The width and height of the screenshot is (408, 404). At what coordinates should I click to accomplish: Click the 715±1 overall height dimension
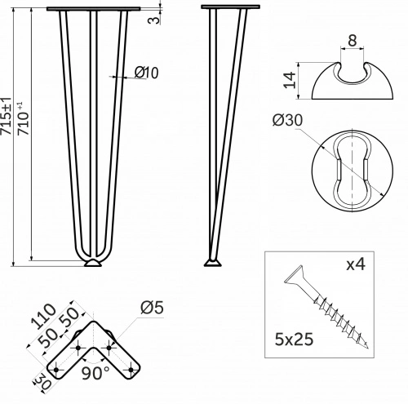(x=6, y=115)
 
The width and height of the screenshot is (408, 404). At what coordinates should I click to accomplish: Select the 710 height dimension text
(x=24, y=119)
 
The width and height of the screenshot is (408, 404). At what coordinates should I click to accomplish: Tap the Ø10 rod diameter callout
(x=146, y=73)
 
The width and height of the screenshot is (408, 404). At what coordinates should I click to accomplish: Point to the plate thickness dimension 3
(x=154, y=20)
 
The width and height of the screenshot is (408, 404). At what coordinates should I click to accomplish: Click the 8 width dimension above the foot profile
(x=352, y=41)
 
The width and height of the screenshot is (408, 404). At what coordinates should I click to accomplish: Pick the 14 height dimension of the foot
(x=290, y=80)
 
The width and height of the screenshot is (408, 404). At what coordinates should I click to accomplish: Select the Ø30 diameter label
(x=287, y=120)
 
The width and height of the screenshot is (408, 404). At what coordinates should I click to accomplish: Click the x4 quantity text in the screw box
(x=356, y=264)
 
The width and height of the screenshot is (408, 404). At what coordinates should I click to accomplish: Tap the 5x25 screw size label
(x=294, y=340)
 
